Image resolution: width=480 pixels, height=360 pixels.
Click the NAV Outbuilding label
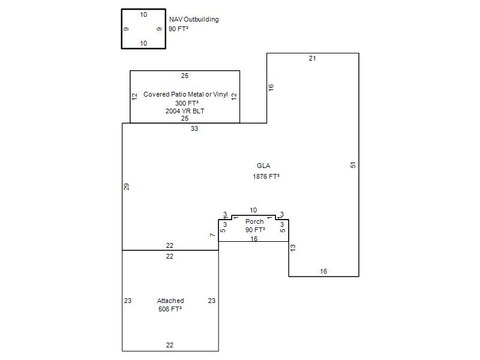click(194, 19)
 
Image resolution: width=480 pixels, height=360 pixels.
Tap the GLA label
click(263, 166)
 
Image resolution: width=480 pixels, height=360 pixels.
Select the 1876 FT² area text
click(266, 176)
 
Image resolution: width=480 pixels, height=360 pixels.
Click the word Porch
click(254, 221)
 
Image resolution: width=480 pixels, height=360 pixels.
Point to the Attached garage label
click(170, 301)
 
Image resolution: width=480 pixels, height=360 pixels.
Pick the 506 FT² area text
click(170, 309)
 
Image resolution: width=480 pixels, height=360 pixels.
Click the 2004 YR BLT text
click(185, 111)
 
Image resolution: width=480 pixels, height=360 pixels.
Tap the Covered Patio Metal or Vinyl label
click(185, 94)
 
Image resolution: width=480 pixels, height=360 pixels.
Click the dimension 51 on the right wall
click(353, 164)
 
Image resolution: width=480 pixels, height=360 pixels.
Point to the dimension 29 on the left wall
click(127, 187)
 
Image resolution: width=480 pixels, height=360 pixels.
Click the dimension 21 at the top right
click(312, 58)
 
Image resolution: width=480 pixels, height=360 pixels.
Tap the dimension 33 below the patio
click(194, 128)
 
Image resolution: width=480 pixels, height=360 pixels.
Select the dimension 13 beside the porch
click(293, 247)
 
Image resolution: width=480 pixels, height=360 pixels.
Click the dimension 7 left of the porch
click(212, 235)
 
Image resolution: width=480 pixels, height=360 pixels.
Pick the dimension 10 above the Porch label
click(253, 210)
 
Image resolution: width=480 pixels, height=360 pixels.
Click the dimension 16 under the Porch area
click(254, 239)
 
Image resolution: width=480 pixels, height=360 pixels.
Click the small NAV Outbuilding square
click(143, 29)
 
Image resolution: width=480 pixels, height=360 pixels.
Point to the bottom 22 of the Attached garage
click(170, 345)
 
